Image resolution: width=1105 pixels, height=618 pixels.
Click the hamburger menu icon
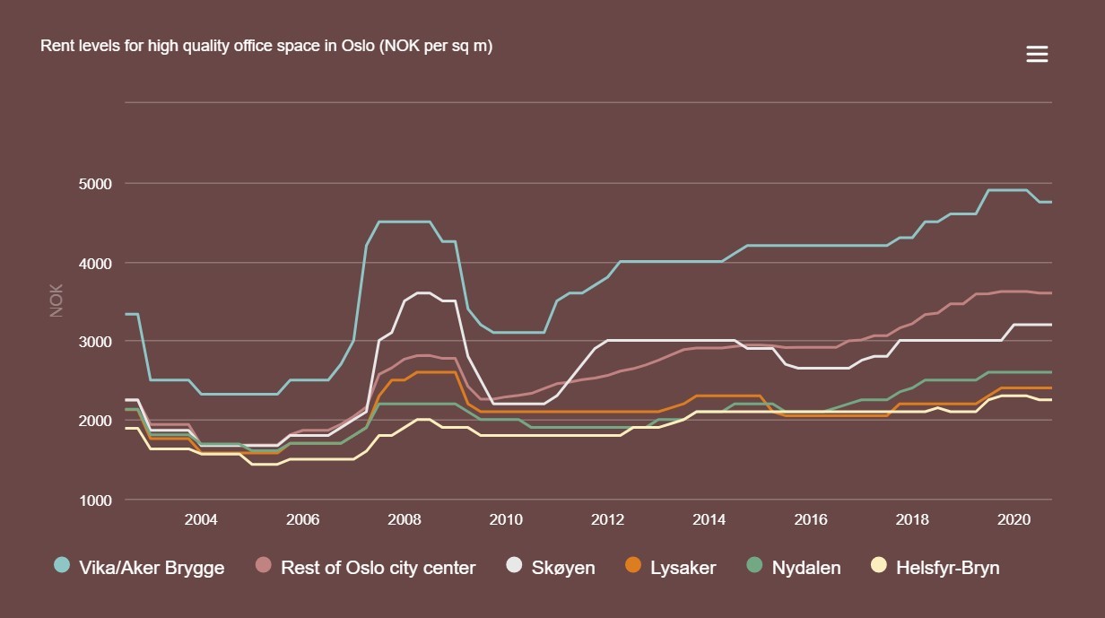(x=1037, y=55)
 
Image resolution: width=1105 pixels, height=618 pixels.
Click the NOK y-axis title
(x=57, y=301)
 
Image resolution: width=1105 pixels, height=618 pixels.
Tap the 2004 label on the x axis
(x=201, y=520)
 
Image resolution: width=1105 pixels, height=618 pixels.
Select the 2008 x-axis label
(x=405, y=520)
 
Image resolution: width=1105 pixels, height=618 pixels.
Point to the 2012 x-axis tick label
(x=608, y=520)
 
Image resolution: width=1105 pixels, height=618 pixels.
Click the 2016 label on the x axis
(x=811, y=520)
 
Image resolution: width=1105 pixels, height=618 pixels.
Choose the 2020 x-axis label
(x=1014, y=520)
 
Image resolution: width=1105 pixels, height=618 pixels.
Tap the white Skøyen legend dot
(x=514, y=565)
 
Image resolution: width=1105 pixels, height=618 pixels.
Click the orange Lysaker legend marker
(x=633, y=565)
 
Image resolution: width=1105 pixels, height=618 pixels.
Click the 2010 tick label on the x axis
(x=506, y=520)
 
